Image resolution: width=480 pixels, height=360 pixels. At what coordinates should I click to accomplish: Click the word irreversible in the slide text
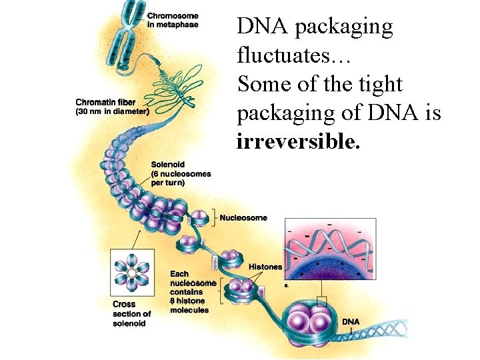click(297, 142)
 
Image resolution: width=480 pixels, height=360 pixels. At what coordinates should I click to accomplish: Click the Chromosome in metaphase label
click(173, 20)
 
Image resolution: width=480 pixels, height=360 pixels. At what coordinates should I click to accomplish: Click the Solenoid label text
click(167, 165)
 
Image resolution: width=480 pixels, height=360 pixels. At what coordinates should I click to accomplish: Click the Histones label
click(265, 267)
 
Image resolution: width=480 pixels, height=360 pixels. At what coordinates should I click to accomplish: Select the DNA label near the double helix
click(351, 322)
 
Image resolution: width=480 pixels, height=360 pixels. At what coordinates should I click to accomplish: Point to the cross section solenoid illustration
click(132, 273)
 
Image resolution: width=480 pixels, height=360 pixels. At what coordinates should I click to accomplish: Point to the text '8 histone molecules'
click(189, 305)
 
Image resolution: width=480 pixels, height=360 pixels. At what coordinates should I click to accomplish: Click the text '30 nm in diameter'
click(111, 111)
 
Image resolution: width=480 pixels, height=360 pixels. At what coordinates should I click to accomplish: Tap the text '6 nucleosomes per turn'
click(181, 178)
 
